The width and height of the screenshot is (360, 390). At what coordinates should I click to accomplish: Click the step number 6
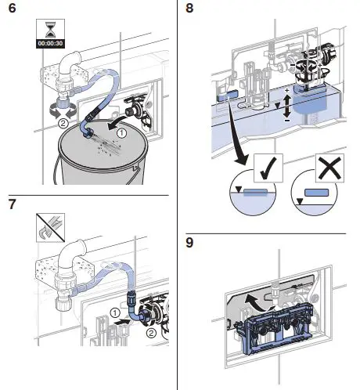click(12, 8)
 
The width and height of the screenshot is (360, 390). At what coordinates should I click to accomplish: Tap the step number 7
click(12, 204)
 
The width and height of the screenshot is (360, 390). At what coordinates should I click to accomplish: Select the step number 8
click(189, 8)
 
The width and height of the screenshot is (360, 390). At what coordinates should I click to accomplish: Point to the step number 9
click(189, 243)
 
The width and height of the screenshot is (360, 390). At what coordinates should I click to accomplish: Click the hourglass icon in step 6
click(50, 29)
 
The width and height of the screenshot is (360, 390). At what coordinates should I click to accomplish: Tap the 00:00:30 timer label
click(50, 43)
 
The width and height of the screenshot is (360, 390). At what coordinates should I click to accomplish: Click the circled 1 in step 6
click(121, 133)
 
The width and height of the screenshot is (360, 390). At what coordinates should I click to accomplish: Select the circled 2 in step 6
click(63, 123)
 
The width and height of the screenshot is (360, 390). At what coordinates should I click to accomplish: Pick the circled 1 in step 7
click(115, 312)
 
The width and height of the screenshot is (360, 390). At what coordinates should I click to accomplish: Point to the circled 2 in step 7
click(150, 333)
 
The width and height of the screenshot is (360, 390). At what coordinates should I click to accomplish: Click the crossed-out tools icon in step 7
click(50, 228)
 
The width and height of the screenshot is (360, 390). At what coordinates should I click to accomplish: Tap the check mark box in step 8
click(268, 168)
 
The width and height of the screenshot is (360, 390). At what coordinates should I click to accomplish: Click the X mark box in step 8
click(329, 168)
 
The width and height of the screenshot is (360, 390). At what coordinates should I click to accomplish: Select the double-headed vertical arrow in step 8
click(287, 106)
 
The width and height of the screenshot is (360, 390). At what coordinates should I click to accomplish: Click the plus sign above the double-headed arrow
click(287, 91)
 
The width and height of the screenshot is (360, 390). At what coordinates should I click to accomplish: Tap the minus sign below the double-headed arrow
click(287, 121)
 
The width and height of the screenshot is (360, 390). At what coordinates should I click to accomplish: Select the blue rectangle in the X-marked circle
click(317, 193)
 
